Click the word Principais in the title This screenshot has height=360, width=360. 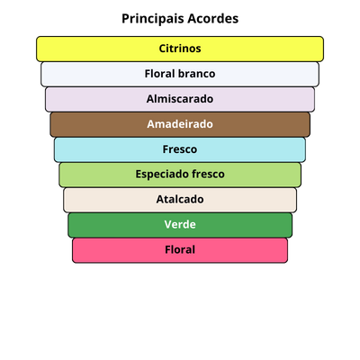coord(152,19)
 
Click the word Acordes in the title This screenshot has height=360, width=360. coord(213,18)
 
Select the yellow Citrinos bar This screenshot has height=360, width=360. coord(180,49)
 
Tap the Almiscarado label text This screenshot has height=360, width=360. coord(180,99)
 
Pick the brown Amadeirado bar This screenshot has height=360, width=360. coord(180,124)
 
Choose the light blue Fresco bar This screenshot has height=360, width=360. coord(180,149)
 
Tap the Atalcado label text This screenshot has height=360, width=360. coord(180,199)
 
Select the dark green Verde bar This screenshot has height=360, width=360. coord(180,225)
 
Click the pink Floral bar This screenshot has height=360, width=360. coord(180,250)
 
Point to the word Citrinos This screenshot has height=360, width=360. coord(180,49)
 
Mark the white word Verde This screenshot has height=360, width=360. coord(180,224)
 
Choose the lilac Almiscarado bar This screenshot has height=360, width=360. coord(180,99)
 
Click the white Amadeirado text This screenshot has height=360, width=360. coord(180,124)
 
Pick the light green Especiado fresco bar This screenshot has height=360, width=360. coord(180,175)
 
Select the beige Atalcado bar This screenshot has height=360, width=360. coord(180,200)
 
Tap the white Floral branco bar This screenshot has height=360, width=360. coord(180,74)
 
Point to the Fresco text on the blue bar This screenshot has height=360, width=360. coord(180,149)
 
